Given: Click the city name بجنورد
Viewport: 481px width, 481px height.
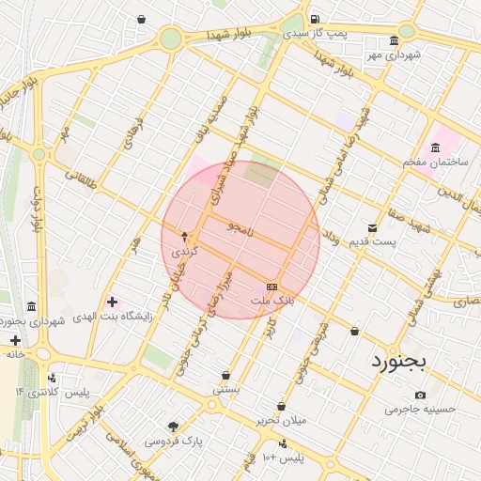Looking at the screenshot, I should pos(398,360).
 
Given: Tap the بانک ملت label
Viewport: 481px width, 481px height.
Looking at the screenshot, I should pos(272,301).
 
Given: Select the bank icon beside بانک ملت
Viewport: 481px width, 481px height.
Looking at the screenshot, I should pos(272,287).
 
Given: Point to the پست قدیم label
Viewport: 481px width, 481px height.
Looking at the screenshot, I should pos(373,241).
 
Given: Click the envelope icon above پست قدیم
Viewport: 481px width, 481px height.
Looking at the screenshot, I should pos(373,227).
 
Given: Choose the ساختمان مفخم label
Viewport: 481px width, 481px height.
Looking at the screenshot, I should pos(429,163).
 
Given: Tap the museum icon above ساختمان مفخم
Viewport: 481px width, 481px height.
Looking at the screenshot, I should pos(435,147).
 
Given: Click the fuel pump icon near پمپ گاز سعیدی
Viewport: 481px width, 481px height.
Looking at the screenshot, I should pos(314,19).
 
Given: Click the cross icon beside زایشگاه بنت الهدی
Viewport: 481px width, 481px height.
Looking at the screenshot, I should pos(113,302).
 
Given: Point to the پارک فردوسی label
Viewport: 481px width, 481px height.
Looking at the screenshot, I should pos(173,440).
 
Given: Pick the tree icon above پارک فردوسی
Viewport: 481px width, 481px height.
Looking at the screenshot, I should pos(173,426).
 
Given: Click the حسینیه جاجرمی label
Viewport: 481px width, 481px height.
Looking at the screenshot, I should pos(420,410).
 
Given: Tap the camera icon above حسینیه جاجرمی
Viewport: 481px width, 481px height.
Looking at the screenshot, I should pos(420,395).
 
